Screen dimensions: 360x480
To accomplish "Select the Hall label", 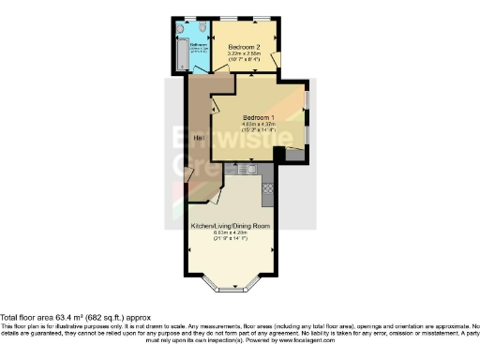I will (x=199, y=139).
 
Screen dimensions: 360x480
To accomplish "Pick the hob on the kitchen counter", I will (x=267, y=187).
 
